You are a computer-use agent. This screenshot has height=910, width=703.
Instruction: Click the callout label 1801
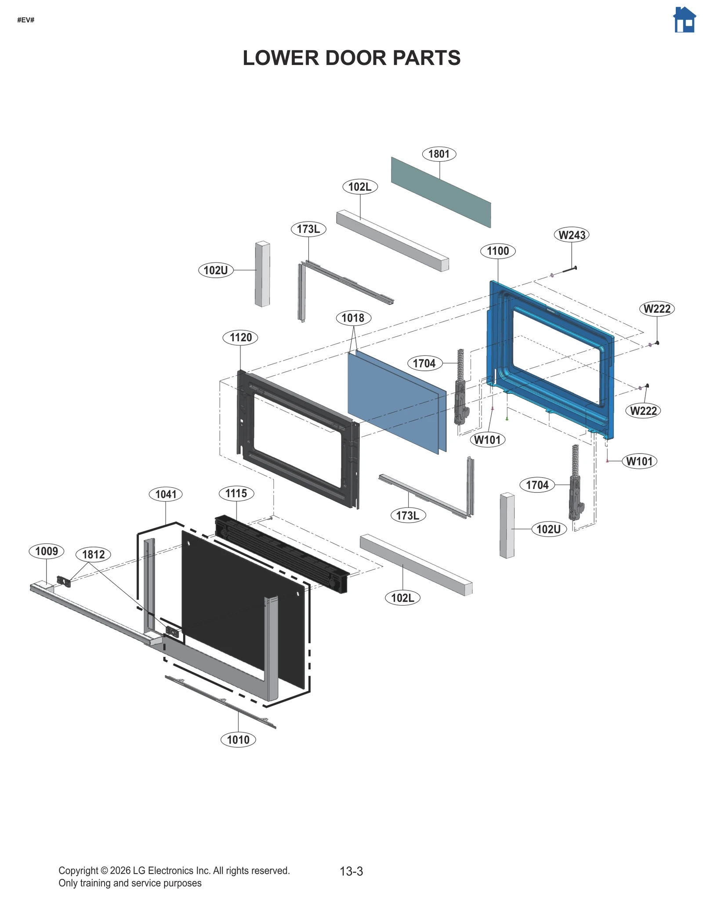tap(438, 154)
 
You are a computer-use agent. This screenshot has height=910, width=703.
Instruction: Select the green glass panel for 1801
tap(441, 192)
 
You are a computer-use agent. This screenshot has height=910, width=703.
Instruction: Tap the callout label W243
tap(571, 235)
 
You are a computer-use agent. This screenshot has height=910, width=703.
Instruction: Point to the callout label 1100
tap(497, 251)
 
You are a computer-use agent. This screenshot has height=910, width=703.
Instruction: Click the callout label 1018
tap(353, 318)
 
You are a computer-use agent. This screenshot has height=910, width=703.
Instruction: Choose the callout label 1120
tap(240, 337)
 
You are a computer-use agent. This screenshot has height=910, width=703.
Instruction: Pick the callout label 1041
tap(166, 494)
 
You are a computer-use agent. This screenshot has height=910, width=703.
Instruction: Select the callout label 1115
tap(236, 493)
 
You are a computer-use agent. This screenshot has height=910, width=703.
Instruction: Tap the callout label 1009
tap(46, 551)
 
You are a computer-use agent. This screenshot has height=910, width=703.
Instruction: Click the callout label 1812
tap(93, 554)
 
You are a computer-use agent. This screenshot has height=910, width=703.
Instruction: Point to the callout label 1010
tap(238, 740)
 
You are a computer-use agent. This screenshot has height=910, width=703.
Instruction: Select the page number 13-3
tap(351, 871)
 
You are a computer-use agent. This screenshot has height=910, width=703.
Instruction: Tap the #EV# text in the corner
tap(25, 20)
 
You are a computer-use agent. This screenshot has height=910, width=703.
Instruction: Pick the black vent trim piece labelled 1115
tap(281, 553)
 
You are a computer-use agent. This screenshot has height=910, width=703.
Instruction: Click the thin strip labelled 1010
tap(220, 701)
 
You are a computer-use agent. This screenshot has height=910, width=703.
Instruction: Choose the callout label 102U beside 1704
tap(548, 529)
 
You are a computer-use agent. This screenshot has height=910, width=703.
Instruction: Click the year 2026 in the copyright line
tap(120, 870)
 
